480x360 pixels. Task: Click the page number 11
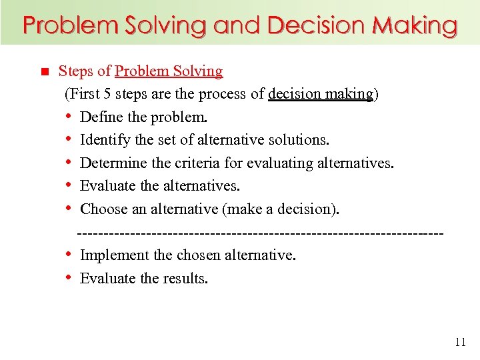[x=460, y=343]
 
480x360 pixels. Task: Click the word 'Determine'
[x=111, y=163]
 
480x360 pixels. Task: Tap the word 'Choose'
[x=103, y=209]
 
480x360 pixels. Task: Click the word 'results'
[x=185, y=278]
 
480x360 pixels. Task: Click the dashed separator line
[x=260, y=233]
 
